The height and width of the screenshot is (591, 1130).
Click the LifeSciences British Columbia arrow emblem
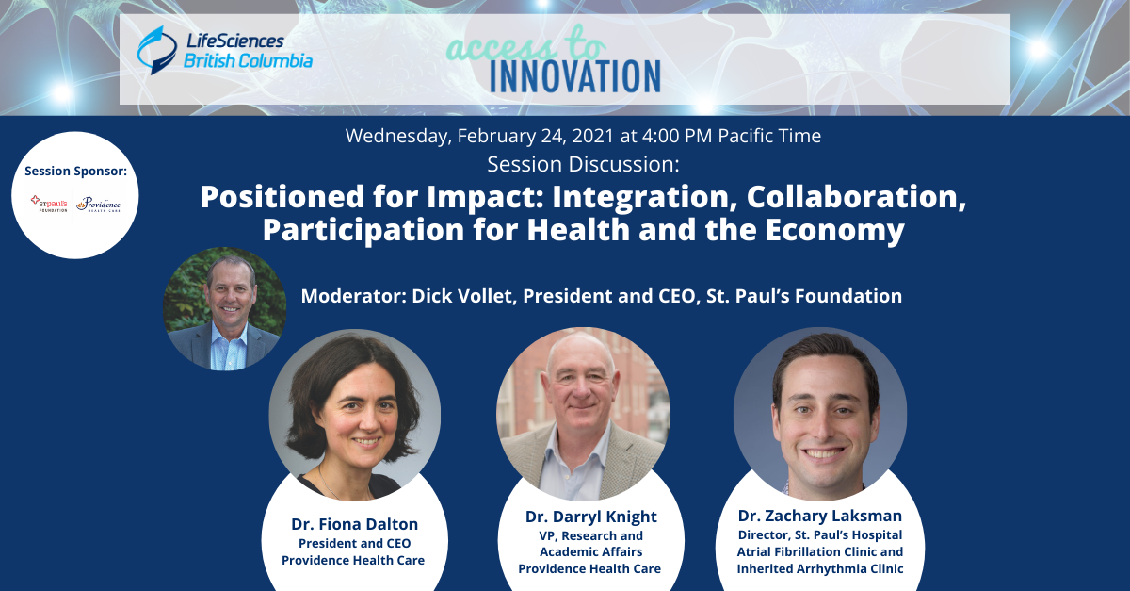[157, 50]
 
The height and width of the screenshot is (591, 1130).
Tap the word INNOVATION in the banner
[575, 76]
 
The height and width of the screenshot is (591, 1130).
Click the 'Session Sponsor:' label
[75, 172]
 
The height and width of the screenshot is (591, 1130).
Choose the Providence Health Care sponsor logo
[98, 205]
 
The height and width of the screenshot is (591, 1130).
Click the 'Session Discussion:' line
[583, 165]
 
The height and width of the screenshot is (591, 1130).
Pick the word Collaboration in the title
[856, 197]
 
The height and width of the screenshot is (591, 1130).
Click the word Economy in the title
[835, 230]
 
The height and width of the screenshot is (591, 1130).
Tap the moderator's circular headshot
[224, 308]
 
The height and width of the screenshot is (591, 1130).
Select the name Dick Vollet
[464, 296]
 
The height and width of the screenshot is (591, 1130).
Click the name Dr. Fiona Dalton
[355, 524]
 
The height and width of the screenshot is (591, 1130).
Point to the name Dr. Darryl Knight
[591, 517]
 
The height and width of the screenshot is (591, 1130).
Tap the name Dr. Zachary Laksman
[820, 516]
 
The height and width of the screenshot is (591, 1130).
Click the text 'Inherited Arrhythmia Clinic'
[820, 568]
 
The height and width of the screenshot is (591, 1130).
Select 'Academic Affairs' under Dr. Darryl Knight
[591, 551]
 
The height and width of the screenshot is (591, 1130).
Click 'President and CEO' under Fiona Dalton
[355, 544]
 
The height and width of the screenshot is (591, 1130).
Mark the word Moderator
[354, 296]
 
